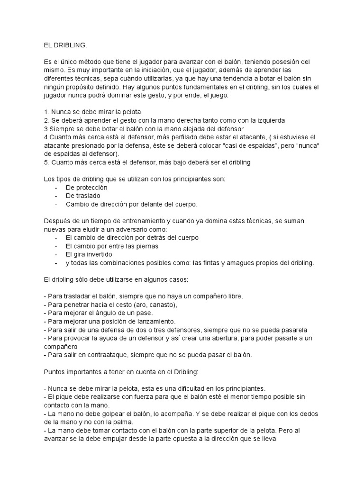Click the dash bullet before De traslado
click(56, 196)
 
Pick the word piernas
click(147, 246)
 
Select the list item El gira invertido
click(89, 254)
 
